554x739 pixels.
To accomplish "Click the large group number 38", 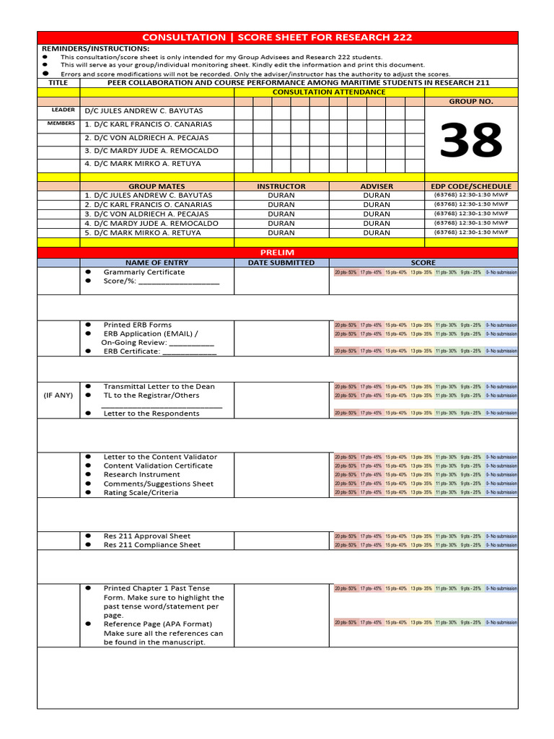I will [x=471, y=141].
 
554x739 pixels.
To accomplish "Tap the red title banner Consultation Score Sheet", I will [x=278, y=38].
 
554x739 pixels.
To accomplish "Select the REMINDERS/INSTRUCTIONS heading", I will [x=95, y=48].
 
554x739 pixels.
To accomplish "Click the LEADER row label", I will [x=63, y=110].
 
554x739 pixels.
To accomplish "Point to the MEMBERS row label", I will [x=61, y=123].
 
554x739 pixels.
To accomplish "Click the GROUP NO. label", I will [x=471, y=102].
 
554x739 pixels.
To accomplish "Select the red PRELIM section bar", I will [x=278, y=252].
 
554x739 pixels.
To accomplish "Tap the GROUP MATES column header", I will [x=157, y=186].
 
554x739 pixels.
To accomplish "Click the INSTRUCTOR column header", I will [x=281, y=186].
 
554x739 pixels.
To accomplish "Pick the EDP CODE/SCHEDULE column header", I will [x=471, y=186].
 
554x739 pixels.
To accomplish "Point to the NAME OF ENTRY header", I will [x=157, y=263].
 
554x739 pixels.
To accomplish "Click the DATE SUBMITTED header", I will [x=281, y=263].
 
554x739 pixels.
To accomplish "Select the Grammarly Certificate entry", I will [x=144, y=272].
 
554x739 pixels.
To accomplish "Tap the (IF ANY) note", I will [x=58, y=395].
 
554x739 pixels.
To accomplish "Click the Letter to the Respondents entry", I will [x=151, y=414].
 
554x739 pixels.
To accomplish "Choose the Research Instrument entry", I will [x=141, y=475].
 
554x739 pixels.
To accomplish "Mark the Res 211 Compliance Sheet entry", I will [x=151, y=545].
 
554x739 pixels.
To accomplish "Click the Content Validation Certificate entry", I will [x=158, y=465].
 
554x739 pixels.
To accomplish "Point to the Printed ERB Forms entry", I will [x=137, y=325].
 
